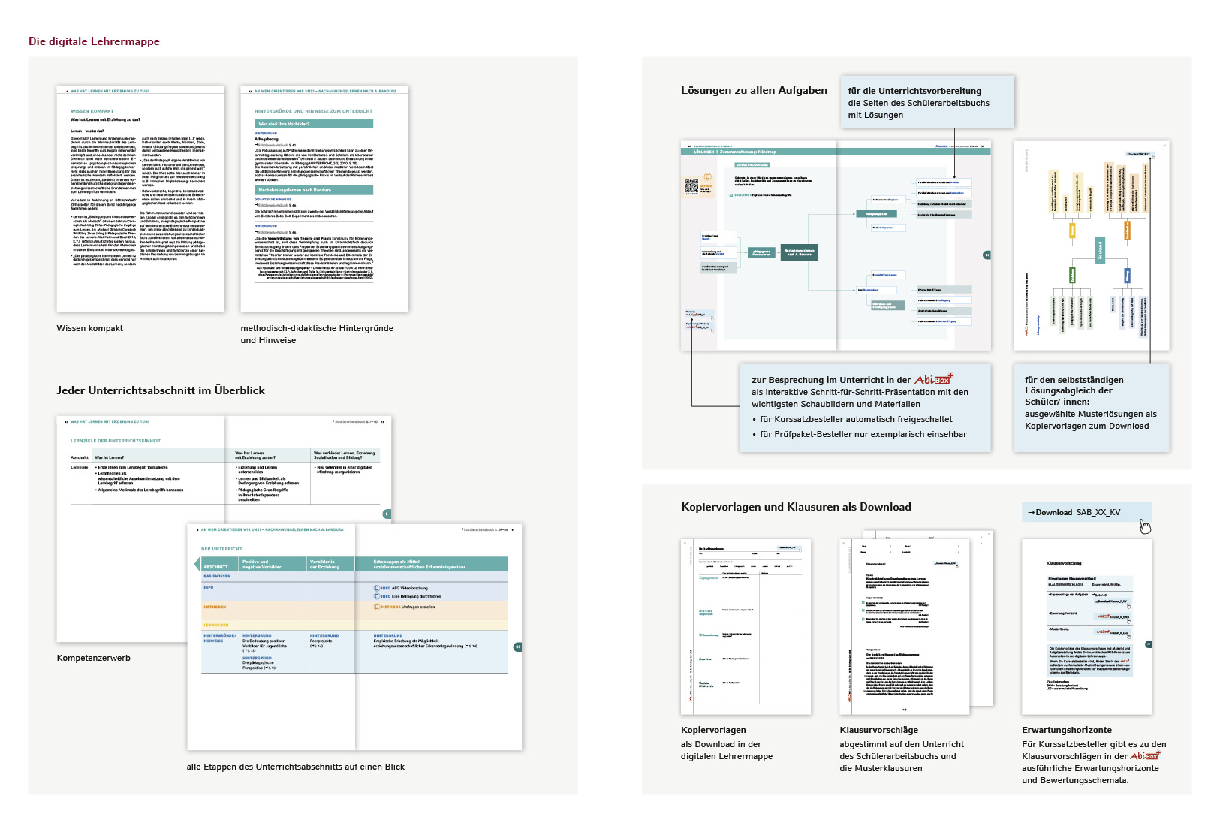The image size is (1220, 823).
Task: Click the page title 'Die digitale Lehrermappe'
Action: pos(94,41)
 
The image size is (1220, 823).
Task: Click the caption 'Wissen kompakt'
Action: pos(90,328)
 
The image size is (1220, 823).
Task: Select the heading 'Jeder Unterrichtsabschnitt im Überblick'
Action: pos(161,390)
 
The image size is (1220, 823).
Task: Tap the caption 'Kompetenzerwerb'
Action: pos(94,658)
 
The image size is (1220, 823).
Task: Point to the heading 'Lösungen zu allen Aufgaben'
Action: pos(754,90)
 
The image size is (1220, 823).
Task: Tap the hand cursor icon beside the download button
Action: pos(1145,526)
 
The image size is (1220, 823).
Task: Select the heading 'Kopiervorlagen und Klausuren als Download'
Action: pos(796,507)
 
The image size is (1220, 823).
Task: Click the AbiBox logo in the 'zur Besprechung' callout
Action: pos(933,379)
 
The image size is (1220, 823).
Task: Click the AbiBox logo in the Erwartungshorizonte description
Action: pos(1145,755)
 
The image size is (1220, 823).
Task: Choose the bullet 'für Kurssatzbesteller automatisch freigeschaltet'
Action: pos(856,419)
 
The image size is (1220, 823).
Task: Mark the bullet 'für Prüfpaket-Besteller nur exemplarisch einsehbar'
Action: pos(863,434)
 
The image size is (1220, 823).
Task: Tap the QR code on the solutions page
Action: pos(691,186)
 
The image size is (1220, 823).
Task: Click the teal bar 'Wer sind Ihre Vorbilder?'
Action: pos(314,124)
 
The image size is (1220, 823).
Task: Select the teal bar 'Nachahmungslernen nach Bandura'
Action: pos(314,190)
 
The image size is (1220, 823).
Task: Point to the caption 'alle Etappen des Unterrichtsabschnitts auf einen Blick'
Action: pos(296,767)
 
